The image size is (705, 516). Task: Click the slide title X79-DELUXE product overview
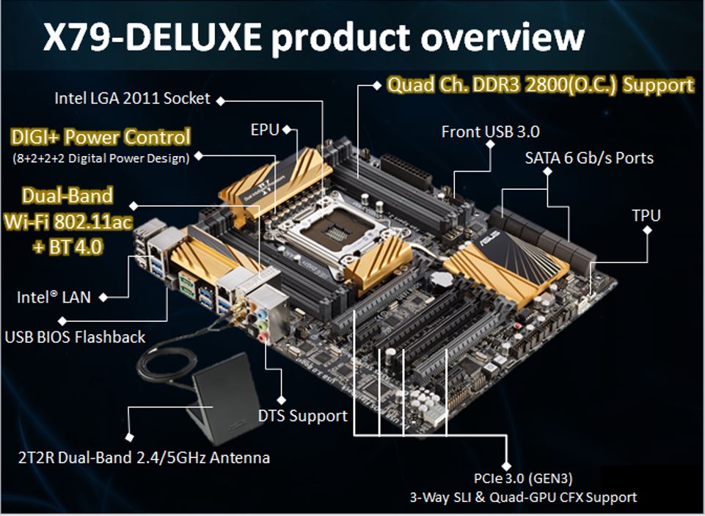(313, 37)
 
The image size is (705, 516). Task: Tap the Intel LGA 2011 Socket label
(132, 98)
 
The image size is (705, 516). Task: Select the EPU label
(265, 130)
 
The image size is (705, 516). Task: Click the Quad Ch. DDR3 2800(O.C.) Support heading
(540, 85)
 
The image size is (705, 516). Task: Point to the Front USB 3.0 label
(490, 132)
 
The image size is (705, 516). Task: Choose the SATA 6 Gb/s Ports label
(589, 158)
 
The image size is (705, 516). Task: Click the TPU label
(646, 215)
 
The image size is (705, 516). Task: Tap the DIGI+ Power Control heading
(101, 137)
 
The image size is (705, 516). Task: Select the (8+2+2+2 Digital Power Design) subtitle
(101, 158)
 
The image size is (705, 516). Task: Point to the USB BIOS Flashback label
(75, 337)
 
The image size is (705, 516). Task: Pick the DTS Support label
(302, 416)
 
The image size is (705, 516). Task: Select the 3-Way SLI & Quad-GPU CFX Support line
(523, 497)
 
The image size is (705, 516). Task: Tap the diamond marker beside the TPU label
(647, 230)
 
